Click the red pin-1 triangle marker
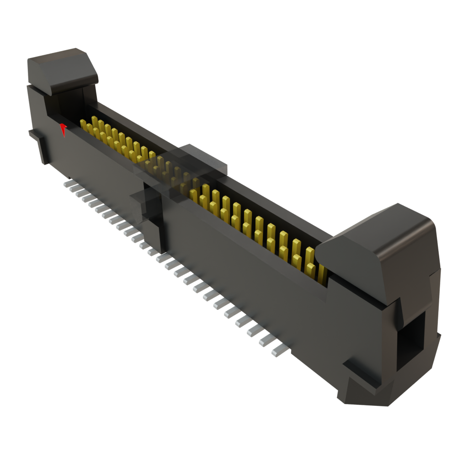[x=64, y=129]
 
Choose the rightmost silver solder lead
[x=279, y=351]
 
